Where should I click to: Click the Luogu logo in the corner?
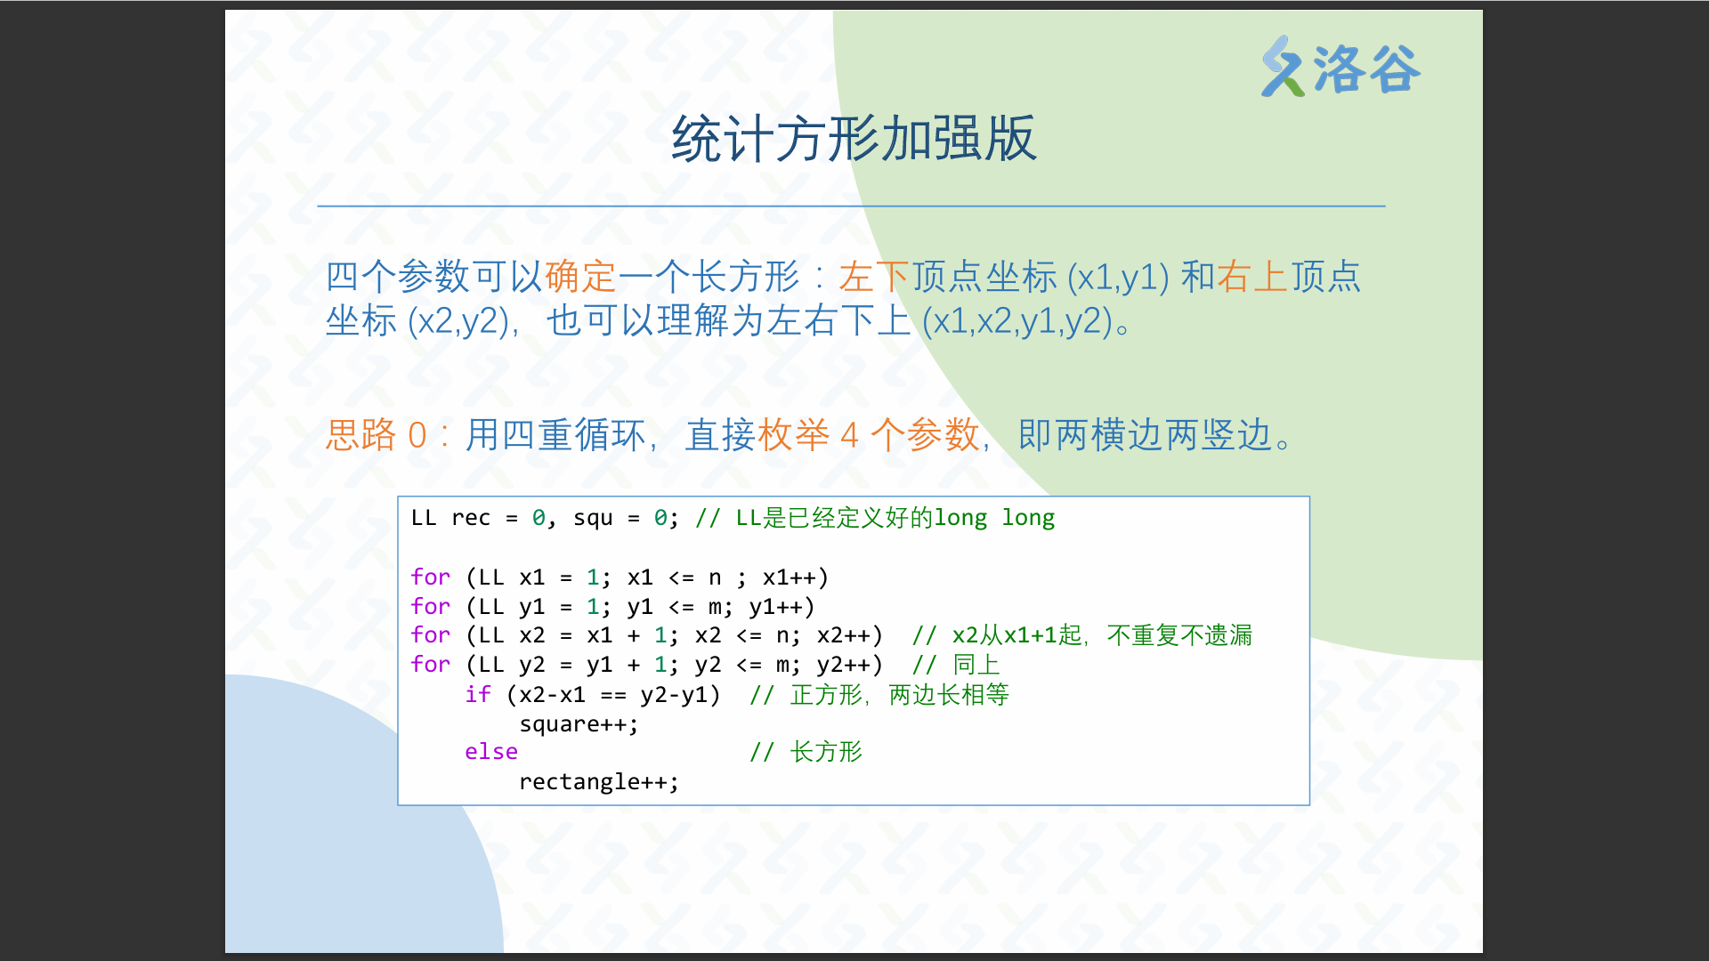1340,67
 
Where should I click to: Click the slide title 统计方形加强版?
854,139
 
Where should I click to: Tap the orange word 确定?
580,277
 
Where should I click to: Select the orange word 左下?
874,277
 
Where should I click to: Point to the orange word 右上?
1252,277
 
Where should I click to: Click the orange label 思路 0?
377,435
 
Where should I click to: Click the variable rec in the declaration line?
471,518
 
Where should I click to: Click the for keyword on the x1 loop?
431,577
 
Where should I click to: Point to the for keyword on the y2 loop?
431,665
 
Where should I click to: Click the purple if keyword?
478,694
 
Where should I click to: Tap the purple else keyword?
491,752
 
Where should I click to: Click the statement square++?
579,724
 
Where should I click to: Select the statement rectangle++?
599,782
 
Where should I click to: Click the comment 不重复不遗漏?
1179,635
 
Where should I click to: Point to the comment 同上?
976,665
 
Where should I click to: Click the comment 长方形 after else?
827,752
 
